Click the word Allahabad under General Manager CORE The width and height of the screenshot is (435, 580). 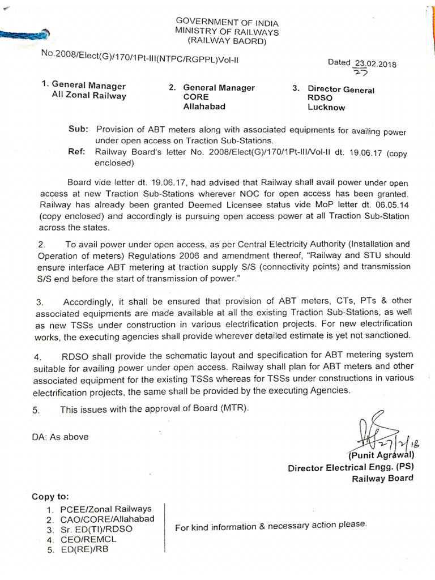pyautogui.click(x=204, y=106)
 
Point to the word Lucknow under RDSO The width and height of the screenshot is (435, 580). pyautogui.click(x=327, y=108)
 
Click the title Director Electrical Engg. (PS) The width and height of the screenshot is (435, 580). pyautogui.click(x=350, y=468)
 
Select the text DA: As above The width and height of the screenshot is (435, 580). pyautogui.click(x=59, y=437)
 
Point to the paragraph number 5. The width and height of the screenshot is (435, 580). pyautogui.click(x=36, y=410)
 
